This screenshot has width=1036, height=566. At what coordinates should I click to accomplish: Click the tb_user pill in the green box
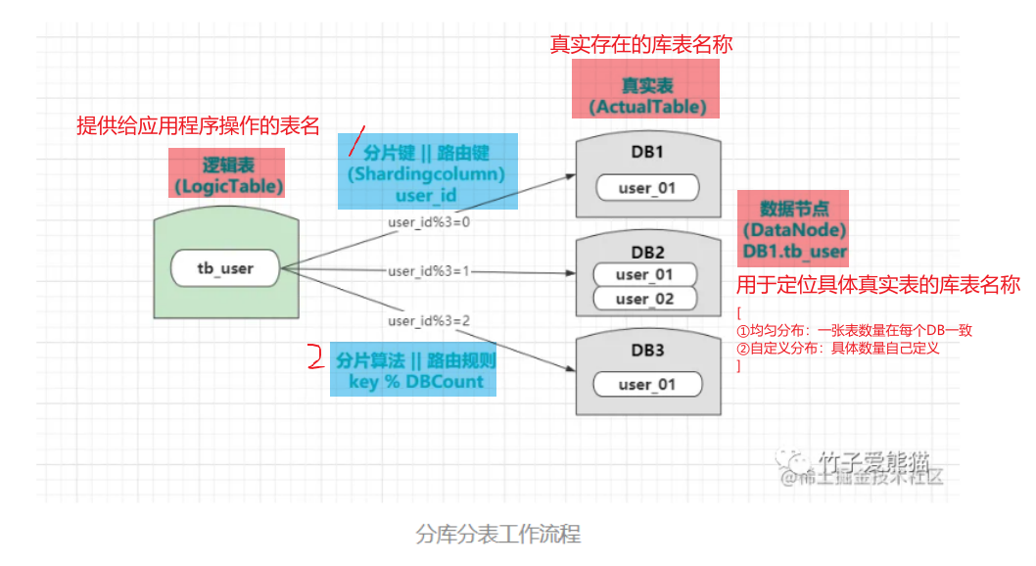pyautogui.click(x=224, y=266)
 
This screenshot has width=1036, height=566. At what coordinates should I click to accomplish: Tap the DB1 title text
pyautogui.click(x=647, y=153)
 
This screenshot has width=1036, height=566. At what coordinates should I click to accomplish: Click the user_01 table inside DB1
pyautogui.click(x=647, y=187)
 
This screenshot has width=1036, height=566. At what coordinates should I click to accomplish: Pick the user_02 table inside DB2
pyautogui.click(x=645, y=299)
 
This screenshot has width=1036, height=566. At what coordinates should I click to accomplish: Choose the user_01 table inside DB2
pyautogui.click(x=645, y=274)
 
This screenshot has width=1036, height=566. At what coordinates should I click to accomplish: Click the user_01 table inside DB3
pyautogui.click(x=647, y=384)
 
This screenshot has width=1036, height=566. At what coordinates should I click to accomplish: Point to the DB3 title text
pyautogui.click(x=647, y=351)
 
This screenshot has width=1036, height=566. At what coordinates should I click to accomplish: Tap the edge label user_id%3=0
pyautogui.click(x=429, y=222)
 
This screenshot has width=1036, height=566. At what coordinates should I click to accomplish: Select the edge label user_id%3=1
pyautogui.click(x=429, y=271)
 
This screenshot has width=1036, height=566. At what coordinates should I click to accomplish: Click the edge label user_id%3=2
pyautogui.click(x=429, y=320)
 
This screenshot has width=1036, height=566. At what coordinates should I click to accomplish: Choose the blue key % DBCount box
pyautogui.click(x=416, y=369)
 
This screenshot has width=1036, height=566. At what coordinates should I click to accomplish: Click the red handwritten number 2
pyautogui.click(x=314, y=356)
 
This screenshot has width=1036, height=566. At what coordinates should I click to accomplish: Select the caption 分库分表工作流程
pyautogui.click(x=498, y=535)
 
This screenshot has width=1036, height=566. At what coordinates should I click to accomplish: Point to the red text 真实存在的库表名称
pyautogui.click(x=641, y=45)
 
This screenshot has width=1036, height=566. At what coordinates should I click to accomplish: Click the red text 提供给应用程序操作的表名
pyautogui.click(x=199, y=125)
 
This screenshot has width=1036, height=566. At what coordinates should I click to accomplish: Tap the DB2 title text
pyautogui.click(x=647, y=251)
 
